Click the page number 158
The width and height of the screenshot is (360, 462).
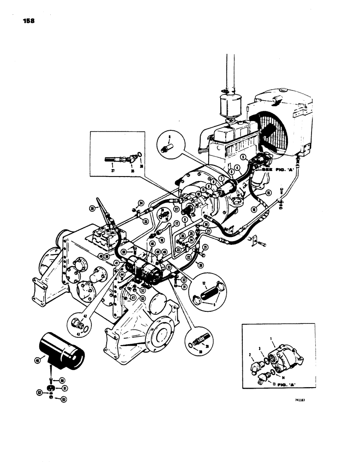[28, 21]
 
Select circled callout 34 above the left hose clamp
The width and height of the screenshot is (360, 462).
[140, 202]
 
